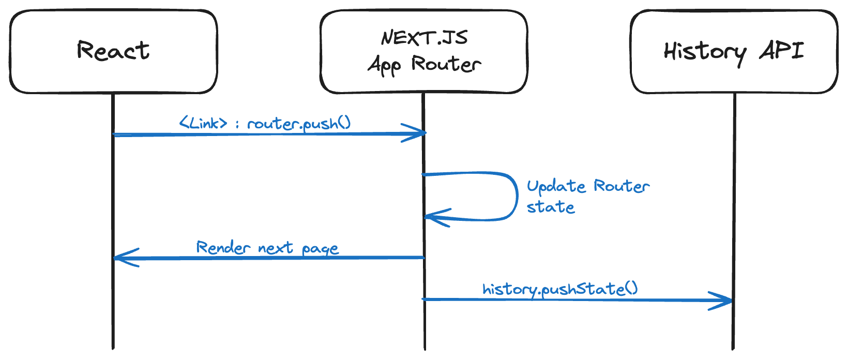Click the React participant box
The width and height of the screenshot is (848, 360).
113,52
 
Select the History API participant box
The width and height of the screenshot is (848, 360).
734,52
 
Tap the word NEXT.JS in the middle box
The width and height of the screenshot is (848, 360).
424,38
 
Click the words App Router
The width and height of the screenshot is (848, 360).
424,65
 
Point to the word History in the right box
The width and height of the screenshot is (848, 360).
705,52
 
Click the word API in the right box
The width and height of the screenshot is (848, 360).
781,51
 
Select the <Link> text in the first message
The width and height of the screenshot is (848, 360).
203,123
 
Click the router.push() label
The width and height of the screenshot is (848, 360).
299,124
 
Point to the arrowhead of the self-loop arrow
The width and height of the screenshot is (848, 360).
433,217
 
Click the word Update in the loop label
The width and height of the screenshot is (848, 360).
556,186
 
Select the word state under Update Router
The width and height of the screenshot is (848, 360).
551,207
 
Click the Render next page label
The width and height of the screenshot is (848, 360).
267,248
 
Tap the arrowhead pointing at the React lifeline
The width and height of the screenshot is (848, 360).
122,257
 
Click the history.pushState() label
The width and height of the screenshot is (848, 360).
560,289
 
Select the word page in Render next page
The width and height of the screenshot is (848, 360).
320,249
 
